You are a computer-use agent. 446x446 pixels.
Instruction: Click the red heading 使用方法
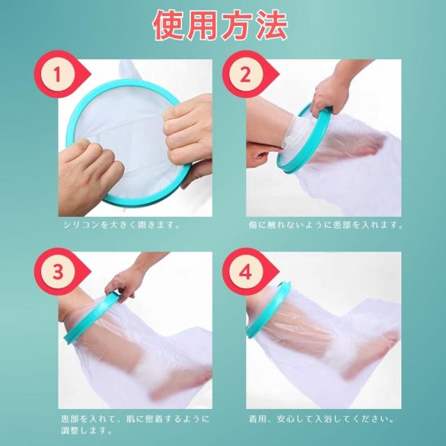coord(220,25)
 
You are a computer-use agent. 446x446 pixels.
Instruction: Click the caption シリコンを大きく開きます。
coord(122,225)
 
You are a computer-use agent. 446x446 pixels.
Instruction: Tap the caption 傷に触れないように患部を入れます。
coord(326,225)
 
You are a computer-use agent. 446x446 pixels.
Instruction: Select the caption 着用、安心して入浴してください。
coord(321,419)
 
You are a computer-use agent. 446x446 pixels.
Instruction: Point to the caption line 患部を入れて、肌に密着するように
coord(135,419)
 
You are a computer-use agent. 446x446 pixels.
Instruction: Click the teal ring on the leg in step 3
coord(91,318)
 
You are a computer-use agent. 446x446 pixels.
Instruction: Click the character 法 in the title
coord(272,25)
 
